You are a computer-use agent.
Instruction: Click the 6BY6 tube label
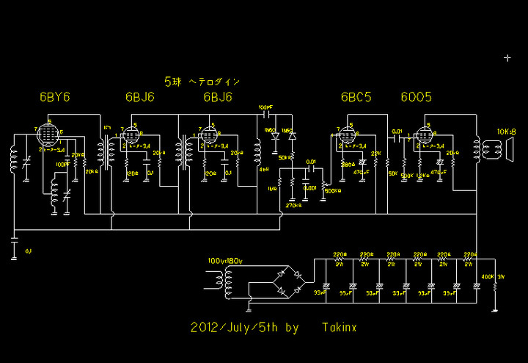55,98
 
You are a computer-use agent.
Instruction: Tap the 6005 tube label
416,98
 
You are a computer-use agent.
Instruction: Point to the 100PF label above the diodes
265,108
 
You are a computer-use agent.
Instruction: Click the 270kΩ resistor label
293,205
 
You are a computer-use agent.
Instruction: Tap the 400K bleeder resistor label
486,277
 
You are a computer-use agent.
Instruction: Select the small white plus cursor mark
507,57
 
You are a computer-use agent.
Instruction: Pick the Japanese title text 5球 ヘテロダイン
202,81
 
